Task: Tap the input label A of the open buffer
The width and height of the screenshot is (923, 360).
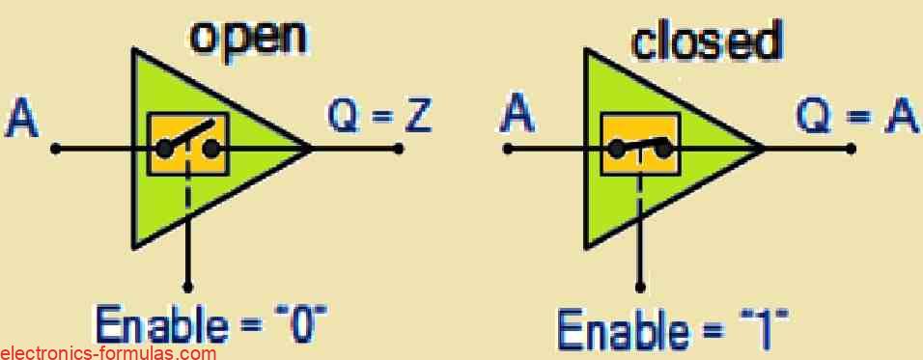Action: tap(23, 121)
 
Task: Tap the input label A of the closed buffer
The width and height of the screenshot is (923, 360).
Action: tap(519, 119)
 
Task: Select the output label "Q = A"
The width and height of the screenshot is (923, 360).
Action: tap(854, 117)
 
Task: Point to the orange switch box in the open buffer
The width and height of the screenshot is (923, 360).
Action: tap(187, 144)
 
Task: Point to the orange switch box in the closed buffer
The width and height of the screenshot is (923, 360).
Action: tap(641, 144)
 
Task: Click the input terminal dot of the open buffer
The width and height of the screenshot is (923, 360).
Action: tap(56, 149)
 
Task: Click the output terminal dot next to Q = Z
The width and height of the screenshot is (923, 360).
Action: tap(398, 149)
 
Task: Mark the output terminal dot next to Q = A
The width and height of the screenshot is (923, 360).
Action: tap(851, 149)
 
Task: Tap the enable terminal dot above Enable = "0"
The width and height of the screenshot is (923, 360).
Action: tap(187, 287)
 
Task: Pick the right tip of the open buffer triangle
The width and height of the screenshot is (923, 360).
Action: tap(311, 149)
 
